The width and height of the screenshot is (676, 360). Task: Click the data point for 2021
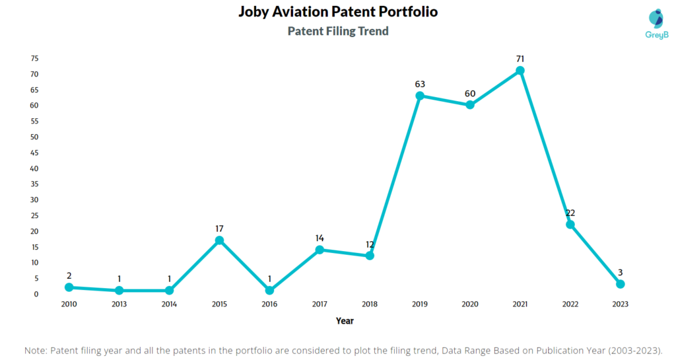coord(520,71)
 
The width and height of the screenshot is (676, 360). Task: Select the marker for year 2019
coord(420,96)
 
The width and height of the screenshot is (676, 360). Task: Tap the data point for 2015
coord(219,240)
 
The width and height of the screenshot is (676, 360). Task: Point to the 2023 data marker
coord(620,284)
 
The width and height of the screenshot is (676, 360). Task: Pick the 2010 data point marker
coord(69,287)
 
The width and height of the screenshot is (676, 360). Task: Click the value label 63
coord(420,84)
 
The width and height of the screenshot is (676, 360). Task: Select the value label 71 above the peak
coord(520,59)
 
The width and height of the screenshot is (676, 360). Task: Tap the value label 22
coord(570,213)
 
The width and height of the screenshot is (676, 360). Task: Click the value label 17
coord(219,229)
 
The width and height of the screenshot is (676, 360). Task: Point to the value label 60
coord(470,93)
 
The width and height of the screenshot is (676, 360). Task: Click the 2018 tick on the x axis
coord(370,305)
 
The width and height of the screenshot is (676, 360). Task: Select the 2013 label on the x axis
coord(119,305)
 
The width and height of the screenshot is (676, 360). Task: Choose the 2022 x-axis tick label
coord(570,305)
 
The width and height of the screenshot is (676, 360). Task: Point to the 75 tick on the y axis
coord(34,58)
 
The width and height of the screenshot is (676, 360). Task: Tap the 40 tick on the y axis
coord(34,168)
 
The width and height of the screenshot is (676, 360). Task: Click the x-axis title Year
coord(344,321)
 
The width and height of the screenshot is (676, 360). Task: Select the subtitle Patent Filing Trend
coord(338,31)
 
